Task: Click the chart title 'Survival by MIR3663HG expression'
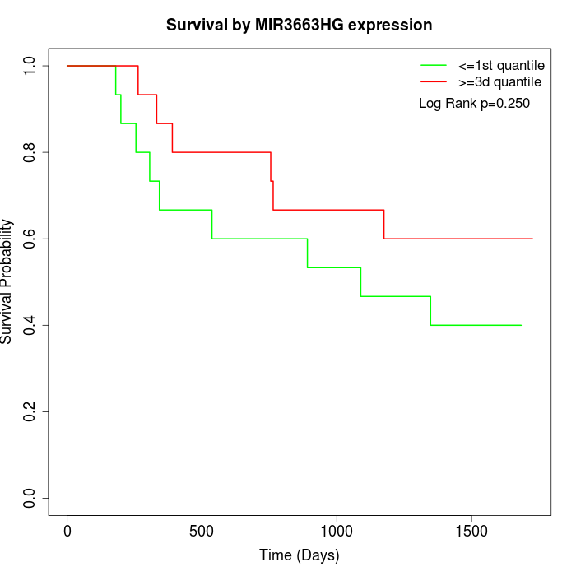pos(299,26)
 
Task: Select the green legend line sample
pos(434,65)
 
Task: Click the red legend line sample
pos(434,82)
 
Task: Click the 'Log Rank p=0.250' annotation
pos(474,104)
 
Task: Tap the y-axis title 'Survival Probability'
pos(7,281)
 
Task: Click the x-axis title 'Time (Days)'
pos(299,555)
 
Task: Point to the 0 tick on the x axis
pos(67,531)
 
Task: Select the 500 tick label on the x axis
pos(202,531)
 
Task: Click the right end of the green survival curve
pos(521,325)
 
